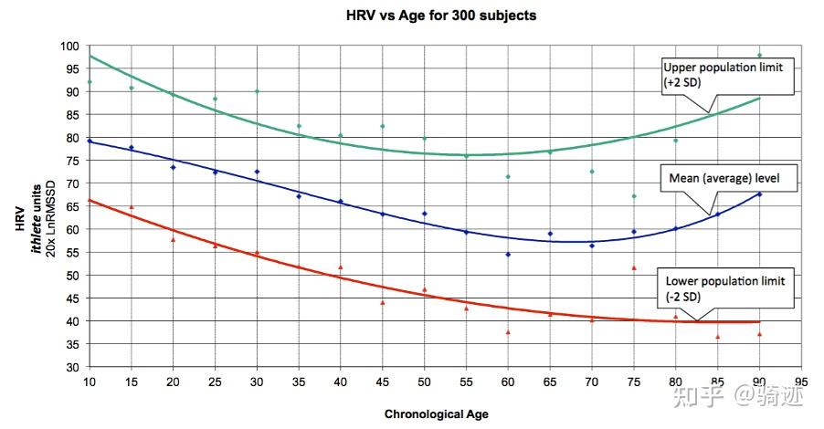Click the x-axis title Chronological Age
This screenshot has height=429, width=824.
436,413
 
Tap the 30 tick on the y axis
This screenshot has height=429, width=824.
72,368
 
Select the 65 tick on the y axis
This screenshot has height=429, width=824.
72,207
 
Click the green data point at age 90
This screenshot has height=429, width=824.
759,56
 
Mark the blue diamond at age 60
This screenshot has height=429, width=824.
508,255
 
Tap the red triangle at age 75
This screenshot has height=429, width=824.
633,267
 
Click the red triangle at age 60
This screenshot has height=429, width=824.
508,332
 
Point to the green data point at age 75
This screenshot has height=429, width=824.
633,196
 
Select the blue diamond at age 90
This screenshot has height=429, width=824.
759,194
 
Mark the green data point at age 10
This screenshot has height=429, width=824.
90,82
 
